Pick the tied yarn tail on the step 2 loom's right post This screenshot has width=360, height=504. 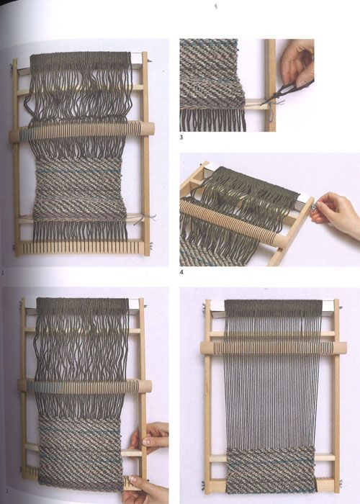pos(152,218)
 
